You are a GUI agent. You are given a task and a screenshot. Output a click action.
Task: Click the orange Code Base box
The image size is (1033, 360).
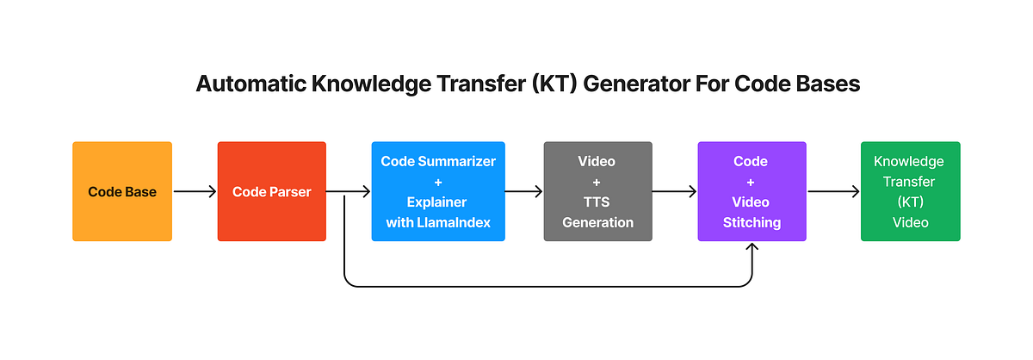[x=122, y=191]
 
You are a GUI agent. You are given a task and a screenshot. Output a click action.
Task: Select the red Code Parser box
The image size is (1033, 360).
[x=271, y=191]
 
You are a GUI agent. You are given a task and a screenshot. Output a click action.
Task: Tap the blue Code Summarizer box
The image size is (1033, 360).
[x=438, y=191]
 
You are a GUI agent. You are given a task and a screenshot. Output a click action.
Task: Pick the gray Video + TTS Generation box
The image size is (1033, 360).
[x=597, y=191]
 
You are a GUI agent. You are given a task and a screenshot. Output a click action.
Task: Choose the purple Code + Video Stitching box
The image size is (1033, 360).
[x=752, y=191]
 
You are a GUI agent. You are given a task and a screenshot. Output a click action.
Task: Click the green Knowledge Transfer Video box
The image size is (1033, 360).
[x=910, y=191]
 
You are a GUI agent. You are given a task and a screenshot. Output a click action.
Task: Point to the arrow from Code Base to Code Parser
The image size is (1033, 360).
[x=195, y=192]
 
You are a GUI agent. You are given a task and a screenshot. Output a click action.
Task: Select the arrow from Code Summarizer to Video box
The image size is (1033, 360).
[x=523, y=192]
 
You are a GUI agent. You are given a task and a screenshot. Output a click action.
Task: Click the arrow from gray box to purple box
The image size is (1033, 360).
[x=675, y=192]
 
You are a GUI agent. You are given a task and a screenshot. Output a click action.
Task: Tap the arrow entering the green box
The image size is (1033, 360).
[x=833, y=192]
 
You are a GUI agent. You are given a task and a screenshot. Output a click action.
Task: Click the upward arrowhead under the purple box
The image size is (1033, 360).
[x=752, y=248]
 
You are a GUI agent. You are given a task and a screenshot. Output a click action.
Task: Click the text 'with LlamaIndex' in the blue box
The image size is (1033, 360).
[x=438, y=222]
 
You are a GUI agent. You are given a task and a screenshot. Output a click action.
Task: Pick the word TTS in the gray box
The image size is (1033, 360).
[x=597, y=202]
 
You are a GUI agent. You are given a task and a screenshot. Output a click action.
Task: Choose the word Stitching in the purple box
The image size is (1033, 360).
[x=752, y=222]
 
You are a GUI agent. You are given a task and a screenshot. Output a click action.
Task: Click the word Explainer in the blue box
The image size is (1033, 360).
[x=438, y=202]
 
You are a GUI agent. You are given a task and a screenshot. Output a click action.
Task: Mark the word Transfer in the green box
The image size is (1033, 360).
[x=910, y=182]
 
